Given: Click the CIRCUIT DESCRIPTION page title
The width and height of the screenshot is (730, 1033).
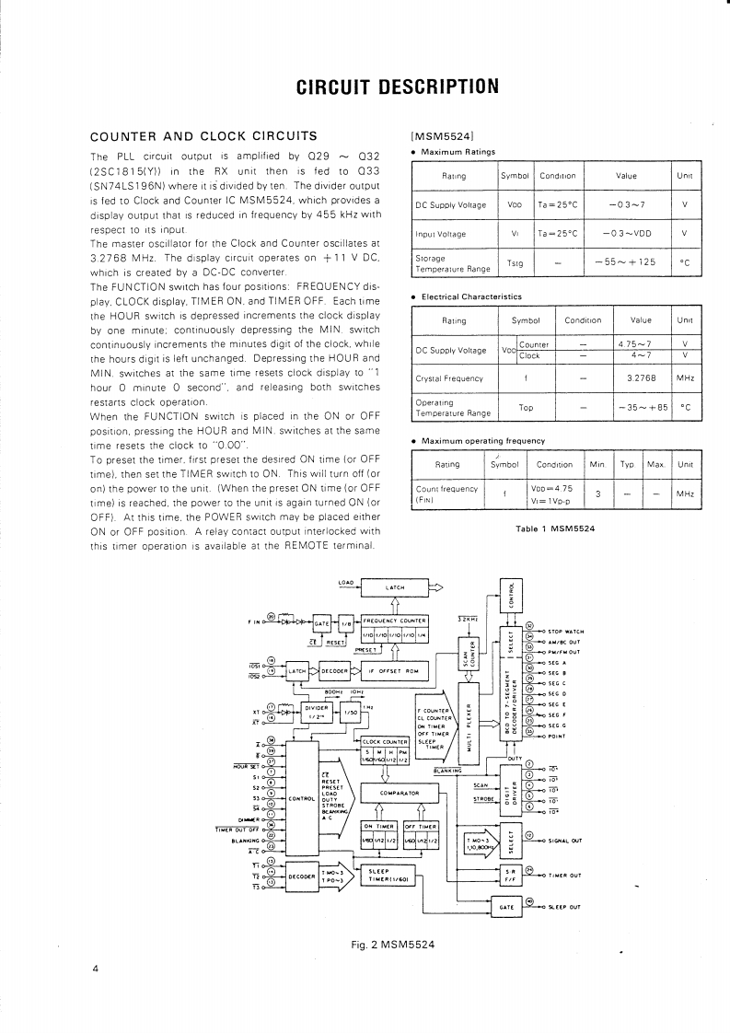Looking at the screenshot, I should pos(397,87).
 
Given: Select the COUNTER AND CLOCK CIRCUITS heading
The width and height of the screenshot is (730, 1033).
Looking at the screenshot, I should pos(203,137).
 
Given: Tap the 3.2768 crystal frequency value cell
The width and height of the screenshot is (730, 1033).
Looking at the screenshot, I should pos(641,377).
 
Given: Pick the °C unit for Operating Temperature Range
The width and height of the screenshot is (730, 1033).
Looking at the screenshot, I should pos(684,407).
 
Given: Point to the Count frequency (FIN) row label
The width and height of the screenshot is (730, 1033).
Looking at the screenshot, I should pos(446,493).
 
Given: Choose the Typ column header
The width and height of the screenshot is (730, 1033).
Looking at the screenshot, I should pos(627,464).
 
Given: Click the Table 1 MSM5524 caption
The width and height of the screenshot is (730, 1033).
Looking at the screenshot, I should pos(555,528).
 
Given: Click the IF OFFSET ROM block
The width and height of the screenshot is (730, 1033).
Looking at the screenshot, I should pos(398,671).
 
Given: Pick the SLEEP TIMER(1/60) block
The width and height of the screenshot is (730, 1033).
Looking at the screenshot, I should pos(391,876).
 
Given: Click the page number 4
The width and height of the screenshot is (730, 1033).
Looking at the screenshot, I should pos(95,969).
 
